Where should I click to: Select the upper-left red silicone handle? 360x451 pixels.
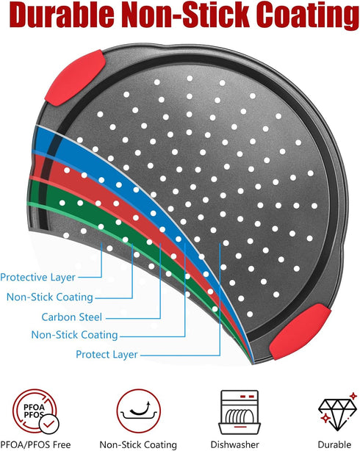pos(75,78)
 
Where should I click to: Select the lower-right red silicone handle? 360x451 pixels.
pos(300,332)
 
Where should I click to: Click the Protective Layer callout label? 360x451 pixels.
pos(37,277)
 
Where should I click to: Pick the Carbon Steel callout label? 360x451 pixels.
pos(72,317)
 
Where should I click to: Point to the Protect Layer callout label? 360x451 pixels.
pos(107,354)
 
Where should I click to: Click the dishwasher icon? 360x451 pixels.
pos(240,412)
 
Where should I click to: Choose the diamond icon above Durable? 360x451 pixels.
pos(337,411)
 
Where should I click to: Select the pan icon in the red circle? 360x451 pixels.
pos(138,411)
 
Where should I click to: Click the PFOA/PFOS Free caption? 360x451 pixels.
pos(35,444)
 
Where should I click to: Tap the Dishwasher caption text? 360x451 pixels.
pos(235,444)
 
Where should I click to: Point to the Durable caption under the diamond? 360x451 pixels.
pos(334,444)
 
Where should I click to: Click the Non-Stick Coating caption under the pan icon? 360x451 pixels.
pos(138,445)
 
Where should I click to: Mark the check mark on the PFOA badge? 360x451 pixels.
pos(49,424)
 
